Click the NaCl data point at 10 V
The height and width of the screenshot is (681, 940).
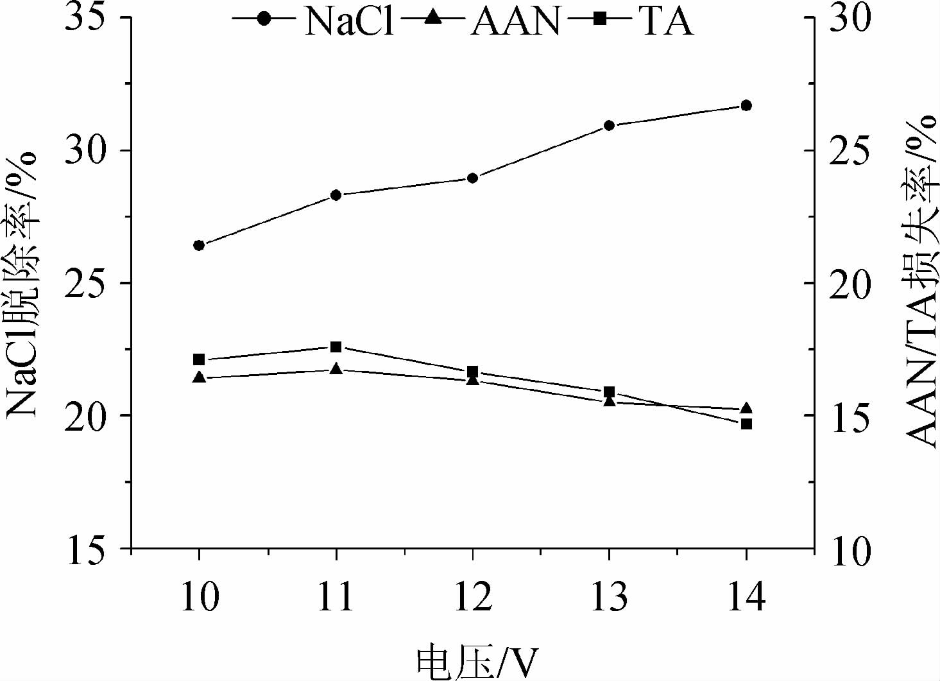point(199,245)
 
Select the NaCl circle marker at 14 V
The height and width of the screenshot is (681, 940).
point(746,105)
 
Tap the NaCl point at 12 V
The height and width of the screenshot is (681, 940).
point(473,178)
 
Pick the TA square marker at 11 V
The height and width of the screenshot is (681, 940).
point(336,347)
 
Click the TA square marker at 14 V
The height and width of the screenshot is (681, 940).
point(746,424)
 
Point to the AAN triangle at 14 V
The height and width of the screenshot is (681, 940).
point(746,409)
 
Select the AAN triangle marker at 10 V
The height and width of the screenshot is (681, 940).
point(199,377)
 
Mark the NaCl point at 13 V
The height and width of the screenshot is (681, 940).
point(610,125)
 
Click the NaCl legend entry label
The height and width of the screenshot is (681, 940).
point(348,21)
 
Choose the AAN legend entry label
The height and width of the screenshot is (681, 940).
point(515,21)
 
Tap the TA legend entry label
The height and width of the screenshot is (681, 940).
point(665,21)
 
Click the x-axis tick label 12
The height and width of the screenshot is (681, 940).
point(473,597)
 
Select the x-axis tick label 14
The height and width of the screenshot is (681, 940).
point(746,597)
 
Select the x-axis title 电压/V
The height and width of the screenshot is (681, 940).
point(475,662)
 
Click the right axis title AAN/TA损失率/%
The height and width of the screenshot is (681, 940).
point(922,280)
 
